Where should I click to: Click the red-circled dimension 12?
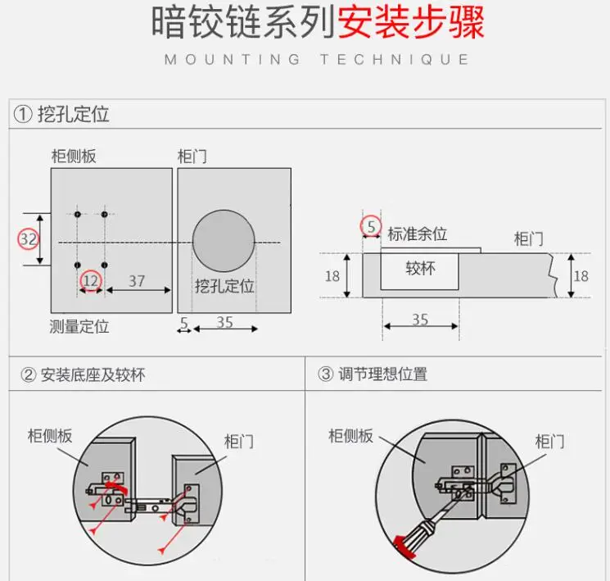(91, 281)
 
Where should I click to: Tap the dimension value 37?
(137, 281)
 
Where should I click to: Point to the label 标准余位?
(418, 234)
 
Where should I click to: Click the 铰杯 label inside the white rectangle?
(420, 268)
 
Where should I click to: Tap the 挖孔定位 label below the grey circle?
(224, 287)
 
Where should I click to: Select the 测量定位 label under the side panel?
(79, 327)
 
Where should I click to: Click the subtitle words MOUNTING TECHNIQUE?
(317, 60)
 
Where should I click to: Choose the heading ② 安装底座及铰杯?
(83, 375)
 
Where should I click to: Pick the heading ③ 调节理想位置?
(373, 375)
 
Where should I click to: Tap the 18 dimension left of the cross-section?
(332, 276)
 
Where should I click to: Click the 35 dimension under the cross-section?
(420, 320)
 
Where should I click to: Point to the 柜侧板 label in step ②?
(51, 435)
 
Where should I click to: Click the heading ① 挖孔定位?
(61, 114)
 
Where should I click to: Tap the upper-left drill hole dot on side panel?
(78, 215)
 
